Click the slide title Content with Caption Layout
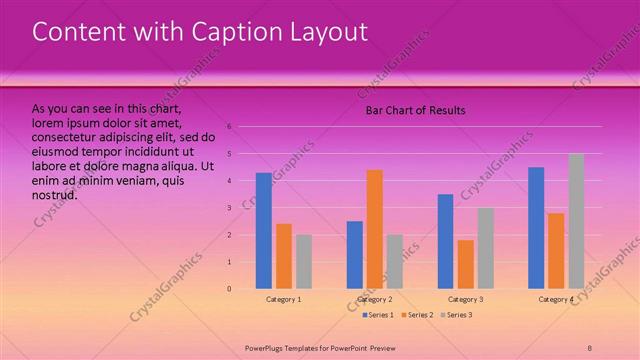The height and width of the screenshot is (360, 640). coord(200,32)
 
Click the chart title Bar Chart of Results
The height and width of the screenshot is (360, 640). coord(414,110)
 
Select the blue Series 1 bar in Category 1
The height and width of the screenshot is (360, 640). coord(263,231)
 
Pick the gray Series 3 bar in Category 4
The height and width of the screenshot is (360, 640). coord(576,221)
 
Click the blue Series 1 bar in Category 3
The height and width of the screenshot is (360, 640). coord(445,241)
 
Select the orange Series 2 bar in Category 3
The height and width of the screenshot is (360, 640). coord(465,264)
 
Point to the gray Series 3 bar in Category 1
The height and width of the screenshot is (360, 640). coord(303,261)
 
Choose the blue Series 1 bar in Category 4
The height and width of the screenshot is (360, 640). coord(536,228)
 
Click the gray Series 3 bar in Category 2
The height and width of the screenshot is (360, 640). coord(394,261)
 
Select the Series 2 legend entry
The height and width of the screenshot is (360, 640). coord(417,315)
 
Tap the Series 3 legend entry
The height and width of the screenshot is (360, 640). coord(456,315)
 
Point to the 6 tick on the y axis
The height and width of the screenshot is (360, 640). coord(229,127)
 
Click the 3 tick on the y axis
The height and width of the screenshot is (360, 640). coord(229,208)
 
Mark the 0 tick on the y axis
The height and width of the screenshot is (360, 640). coord(229,289)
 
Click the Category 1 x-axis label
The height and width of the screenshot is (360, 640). coord(284,299)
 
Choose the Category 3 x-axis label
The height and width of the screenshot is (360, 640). coord(465,299)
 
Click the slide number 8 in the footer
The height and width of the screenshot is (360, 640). coord(589,346)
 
